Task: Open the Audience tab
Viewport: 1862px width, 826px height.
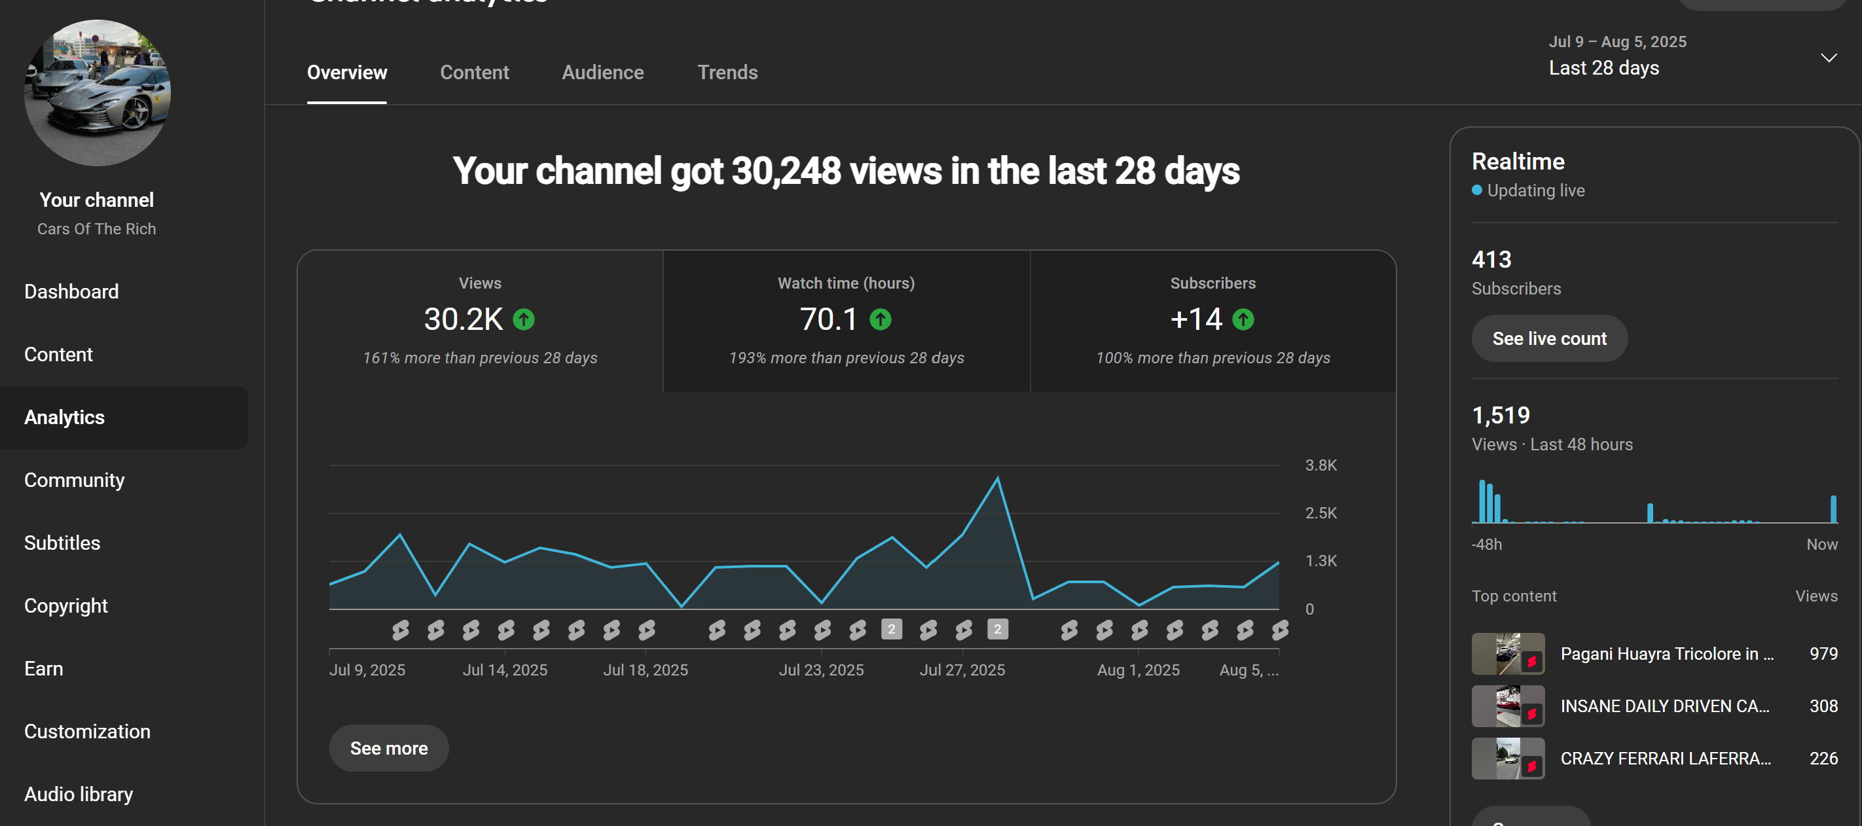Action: point(603,72)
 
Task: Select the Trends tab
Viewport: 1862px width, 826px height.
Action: point(727,72)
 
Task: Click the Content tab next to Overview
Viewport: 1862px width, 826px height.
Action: point(474,72)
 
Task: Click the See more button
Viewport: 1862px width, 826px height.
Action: point(389,748)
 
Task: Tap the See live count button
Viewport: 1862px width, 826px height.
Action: point(1549,338)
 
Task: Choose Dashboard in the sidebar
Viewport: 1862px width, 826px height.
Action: point(71,291)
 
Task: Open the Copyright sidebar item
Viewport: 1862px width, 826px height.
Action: point(65,605)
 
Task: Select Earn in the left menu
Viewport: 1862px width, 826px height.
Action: point(43,668)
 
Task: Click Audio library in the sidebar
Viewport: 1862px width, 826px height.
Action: point(79,794)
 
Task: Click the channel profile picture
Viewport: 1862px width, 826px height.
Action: point(98,92)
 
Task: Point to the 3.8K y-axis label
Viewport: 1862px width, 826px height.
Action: point(1321,465)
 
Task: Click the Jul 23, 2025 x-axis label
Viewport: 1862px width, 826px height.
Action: point(821,670)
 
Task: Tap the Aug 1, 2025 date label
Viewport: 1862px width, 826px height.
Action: point(1139,670)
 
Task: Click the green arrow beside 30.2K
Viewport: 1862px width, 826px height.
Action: point(523,319)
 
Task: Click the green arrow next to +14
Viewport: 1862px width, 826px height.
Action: point(1243,319)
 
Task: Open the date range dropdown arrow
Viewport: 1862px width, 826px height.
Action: point(1828,58)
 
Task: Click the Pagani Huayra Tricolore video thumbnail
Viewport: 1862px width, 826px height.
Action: point(1508,653)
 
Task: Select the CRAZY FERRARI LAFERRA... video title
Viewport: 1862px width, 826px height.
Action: point(1666,758)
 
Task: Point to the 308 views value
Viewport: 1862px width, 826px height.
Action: point(1823,706)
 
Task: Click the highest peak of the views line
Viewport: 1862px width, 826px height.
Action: point(998,478)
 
